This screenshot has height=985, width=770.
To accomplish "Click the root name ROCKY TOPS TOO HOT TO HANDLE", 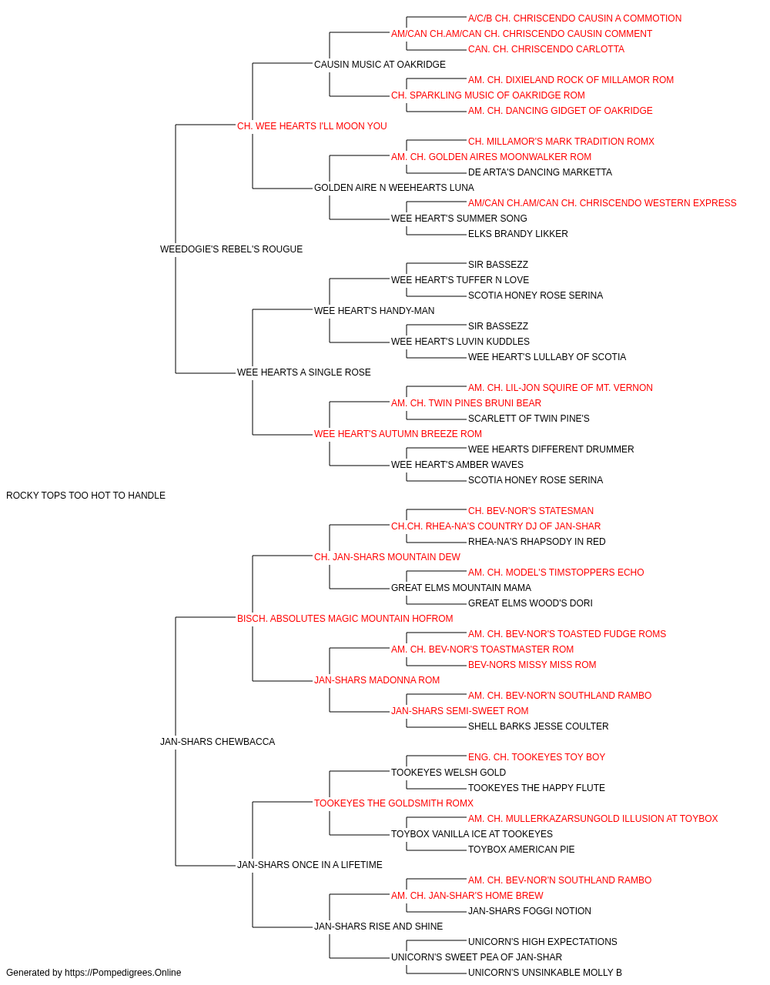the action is point(85,496).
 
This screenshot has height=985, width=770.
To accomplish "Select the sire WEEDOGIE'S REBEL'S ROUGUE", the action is point(231,249).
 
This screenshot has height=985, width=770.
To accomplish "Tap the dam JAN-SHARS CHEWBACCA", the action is point(218,742).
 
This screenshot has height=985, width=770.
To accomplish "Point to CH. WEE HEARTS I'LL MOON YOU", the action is point(312,126).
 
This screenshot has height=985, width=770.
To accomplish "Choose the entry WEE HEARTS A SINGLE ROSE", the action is point(304,372).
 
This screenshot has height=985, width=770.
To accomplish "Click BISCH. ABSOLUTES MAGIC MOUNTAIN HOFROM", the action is point(345,618).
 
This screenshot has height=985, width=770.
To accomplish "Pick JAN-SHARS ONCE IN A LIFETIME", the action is point(310,865).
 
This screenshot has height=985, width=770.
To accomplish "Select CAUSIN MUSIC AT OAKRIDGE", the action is point(380,65).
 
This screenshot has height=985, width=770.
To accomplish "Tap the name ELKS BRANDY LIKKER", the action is point(518,234).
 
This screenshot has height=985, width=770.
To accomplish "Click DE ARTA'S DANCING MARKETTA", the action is point(540,172).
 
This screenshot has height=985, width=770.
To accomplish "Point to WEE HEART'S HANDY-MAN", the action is point(374,310).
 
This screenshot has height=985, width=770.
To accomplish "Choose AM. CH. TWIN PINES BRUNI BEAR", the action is point(466,403).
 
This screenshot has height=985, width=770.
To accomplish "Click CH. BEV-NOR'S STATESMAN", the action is point(531,511).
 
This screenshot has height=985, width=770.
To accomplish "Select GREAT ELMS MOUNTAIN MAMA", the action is point(461,588).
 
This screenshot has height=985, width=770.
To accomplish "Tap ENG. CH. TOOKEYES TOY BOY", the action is point(537,757).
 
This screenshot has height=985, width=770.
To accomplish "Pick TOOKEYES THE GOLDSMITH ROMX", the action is point(393,803).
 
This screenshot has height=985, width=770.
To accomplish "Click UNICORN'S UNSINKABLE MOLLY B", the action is point(545,973).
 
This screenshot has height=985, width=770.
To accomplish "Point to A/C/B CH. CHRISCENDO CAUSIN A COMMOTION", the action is point(574,18).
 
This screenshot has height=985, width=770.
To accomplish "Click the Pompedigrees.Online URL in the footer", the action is point(123,973).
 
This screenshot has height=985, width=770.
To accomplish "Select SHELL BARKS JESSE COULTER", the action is point(538,726).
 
